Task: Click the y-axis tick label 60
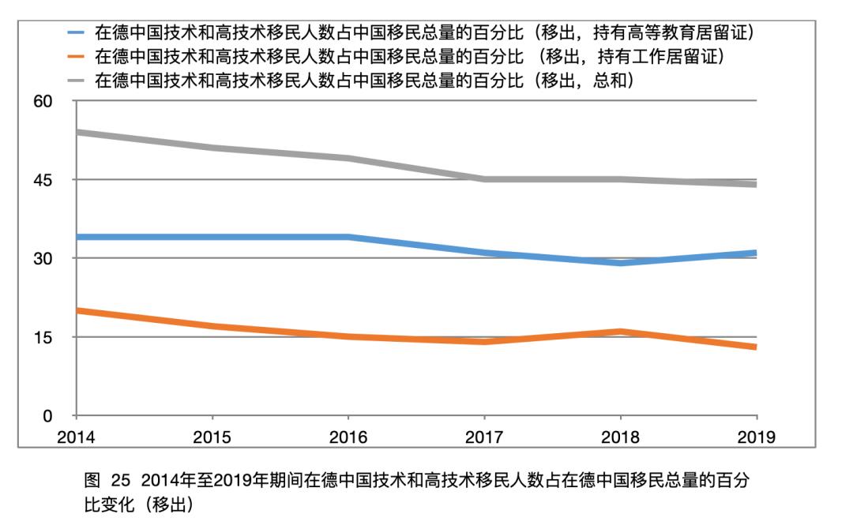coord(42,102)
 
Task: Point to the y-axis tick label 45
coord(42,180)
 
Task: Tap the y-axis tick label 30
coord(42,259)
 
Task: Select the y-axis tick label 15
coord(42,337)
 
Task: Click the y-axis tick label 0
coord(47,416)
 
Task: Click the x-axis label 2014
coord(76,437)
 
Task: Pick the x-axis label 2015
coord(212,437)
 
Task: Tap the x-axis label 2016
coord(348,437)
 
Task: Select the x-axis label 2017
coord(484,437)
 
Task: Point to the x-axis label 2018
coord(621,437)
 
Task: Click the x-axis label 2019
coord(757,437)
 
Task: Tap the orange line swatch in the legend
coord(77,57)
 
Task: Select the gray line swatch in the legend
coord(77,81)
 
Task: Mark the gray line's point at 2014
coord(77,133)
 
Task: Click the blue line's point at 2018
coord(621,263)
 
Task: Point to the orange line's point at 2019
coord(756,347)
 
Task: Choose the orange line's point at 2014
coord(77,311)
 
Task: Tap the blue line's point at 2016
coord(348,237)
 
